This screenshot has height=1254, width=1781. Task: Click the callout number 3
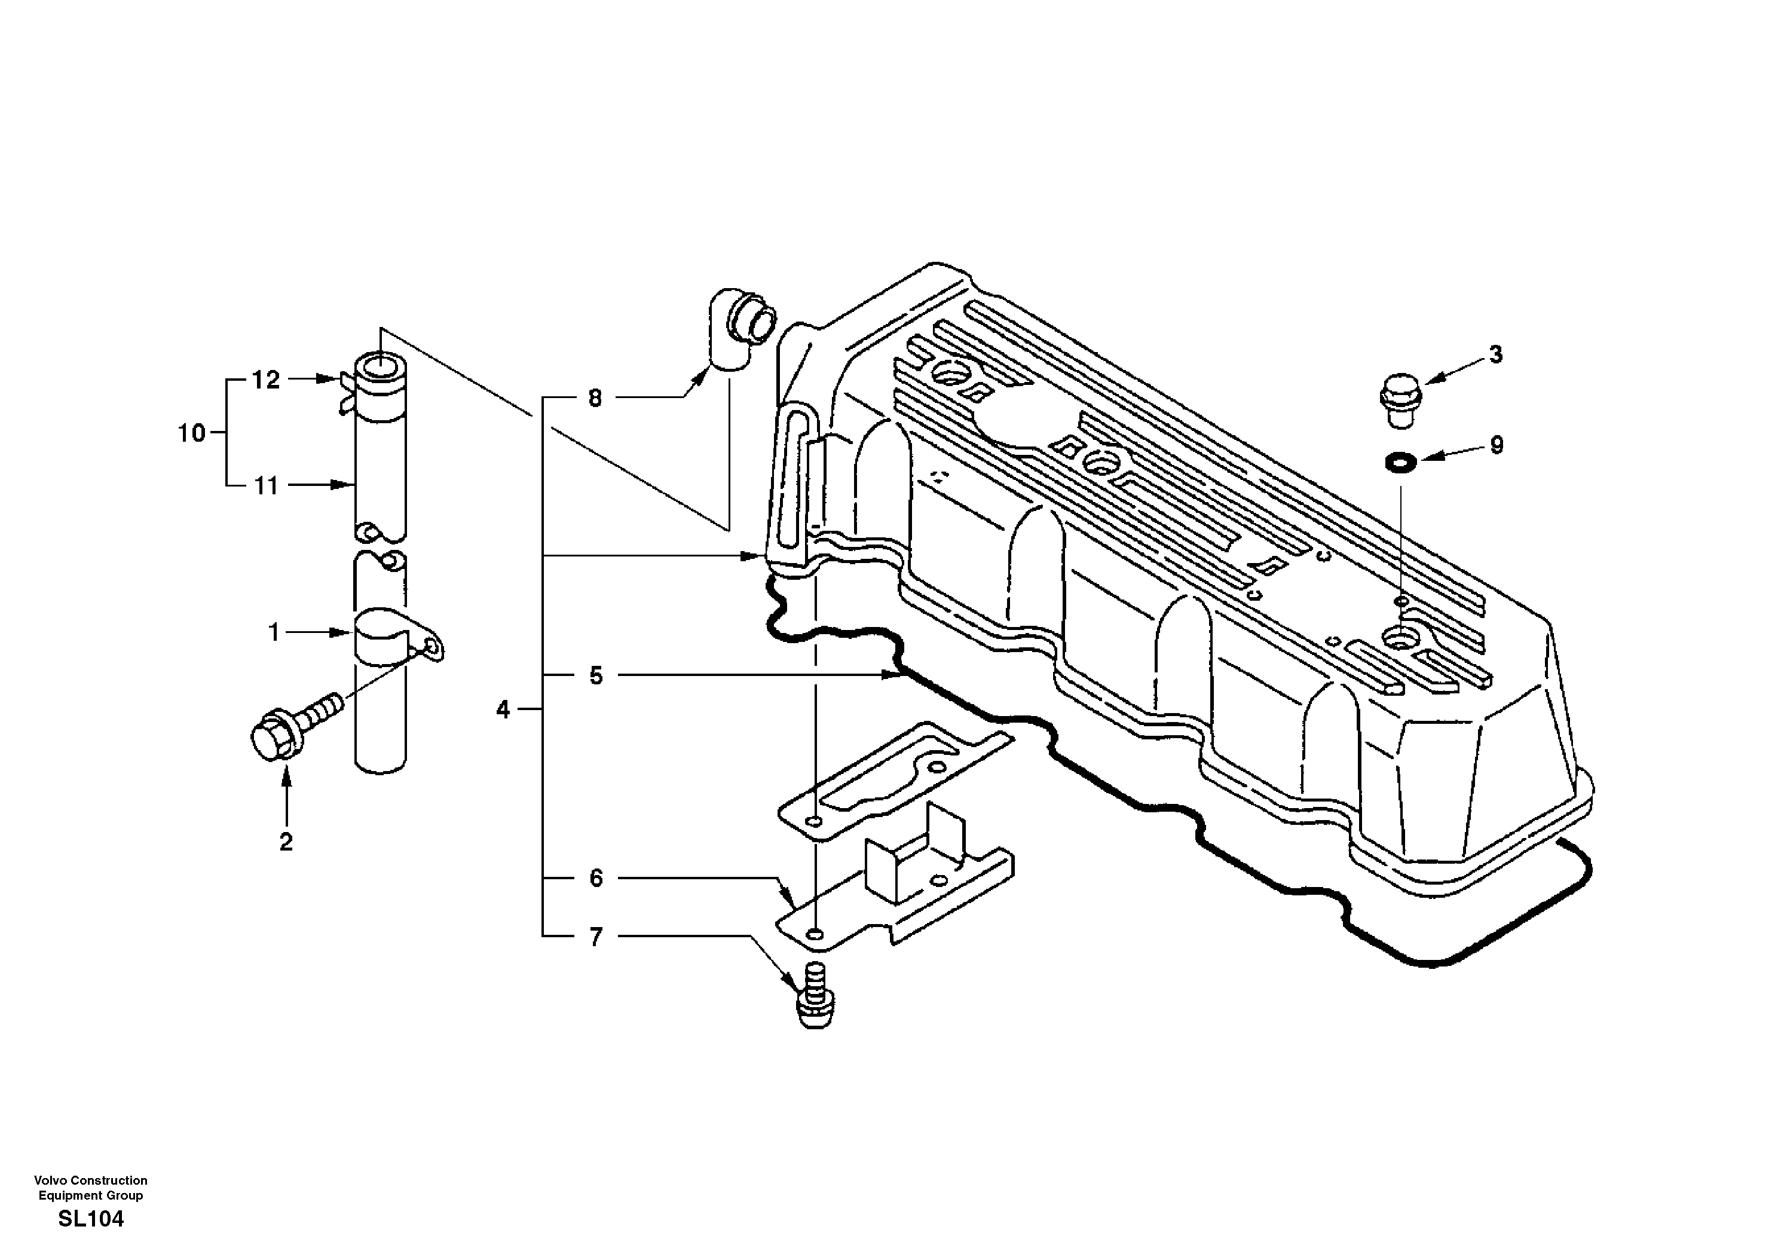coord(1495,354)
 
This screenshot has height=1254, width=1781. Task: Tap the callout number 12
coord(265,380)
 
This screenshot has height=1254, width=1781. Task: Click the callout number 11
coord(265,487)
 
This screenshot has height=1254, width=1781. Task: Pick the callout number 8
coord(595,399)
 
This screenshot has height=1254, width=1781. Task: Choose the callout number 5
coord(595,676)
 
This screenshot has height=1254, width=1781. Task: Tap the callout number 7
coord(595,937)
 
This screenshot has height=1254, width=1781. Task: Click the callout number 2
coord(286,842)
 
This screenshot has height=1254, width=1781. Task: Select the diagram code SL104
coord(91,1219)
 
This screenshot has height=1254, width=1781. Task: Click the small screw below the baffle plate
coord(815,1002)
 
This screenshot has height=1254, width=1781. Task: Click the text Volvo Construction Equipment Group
coord(91,1187)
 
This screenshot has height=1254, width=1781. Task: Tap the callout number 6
coord(595,879)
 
